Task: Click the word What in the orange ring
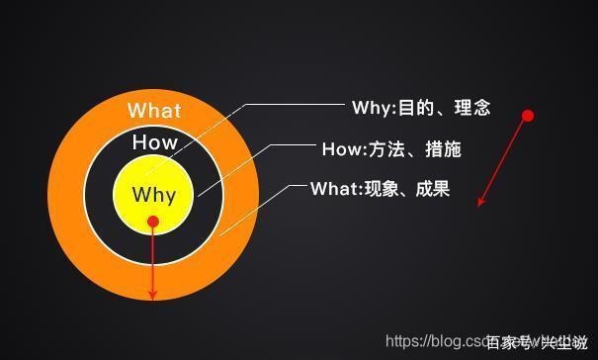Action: pyautogui.click(x=155, y=110)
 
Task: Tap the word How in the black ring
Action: pyautogui.click(x=155, y=142)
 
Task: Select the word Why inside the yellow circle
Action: pyautogui.click(x=153, y=194)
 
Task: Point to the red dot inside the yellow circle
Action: pyautogui.click(x=153, y=223)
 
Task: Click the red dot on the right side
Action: pyautogui.click(x=528, y=116)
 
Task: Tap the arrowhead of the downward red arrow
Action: pyautogui.click(x=153, y=294)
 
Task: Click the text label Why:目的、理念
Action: pyautogui.click(x=420, y=108)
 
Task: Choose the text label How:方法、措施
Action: pyautogui.click(x=391, y=149)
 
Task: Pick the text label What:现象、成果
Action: pyautogui.click(x=380, y=188)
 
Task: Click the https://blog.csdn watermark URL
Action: pyautogui.click(x=435, y=341)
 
